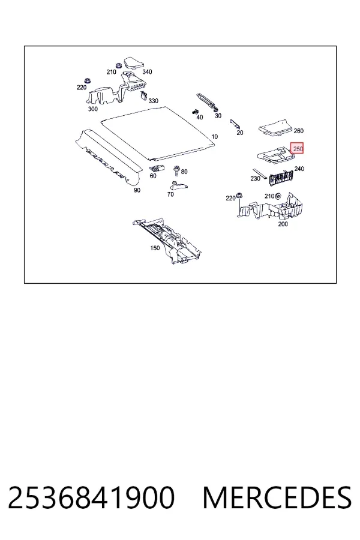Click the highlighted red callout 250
[x=297, y=148]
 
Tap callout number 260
[x=298, y=131]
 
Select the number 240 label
[x=299, y=169]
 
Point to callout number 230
[x=255, y=178]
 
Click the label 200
[x=283, y=224]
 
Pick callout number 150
[x=155, y=248]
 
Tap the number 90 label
[x=137, y=190]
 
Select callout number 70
[x=170, y=194]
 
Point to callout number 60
[x=153, y=176]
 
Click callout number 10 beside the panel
[x=214, y=137]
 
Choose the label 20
[x=240, y=133]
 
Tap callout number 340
[x=147, y=71]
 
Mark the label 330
[x=153, y=101]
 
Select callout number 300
[x=92, y=109]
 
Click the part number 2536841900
[x=91, y=498]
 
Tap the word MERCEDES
[x=277, y=498]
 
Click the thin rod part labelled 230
[x=260, y=174]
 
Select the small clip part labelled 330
[x=143, y=95]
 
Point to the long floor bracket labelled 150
[x=167, y=241]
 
